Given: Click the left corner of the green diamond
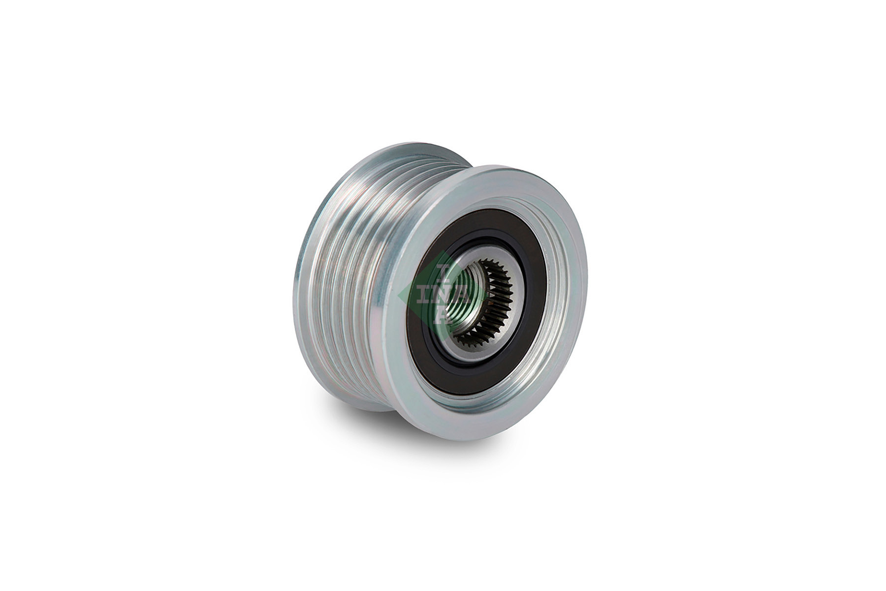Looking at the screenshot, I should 399,295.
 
